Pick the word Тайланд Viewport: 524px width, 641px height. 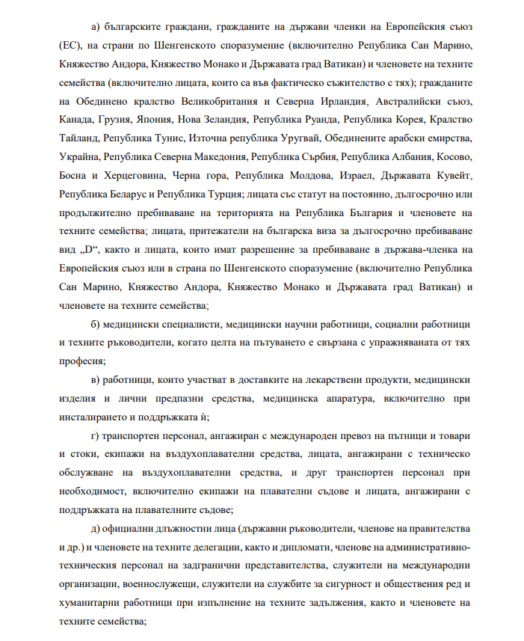tap(78, 138)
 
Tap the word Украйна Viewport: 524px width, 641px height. tap(78, 157)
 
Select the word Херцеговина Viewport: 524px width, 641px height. tap(140, 176)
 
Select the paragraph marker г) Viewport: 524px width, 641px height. tap(94, 435)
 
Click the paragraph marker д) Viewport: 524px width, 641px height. tap(94, 528)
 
